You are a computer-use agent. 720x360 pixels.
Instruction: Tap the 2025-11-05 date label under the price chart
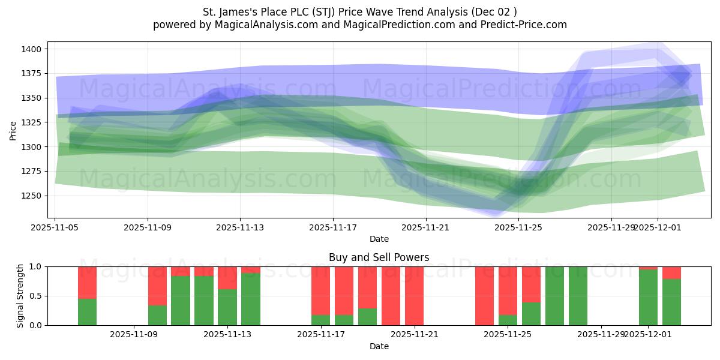(x=55, y=227)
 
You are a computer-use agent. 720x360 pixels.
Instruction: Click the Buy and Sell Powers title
(x=379, y=257)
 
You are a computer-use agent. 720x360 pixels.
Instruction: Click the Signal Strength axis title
(x=20, y=296)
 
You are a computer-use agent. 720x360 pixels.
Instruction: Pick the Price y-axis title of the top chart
(x=13, y=130)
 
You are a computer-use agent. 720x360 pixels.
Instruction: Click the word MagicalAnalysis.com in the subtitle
(x=253, y=25)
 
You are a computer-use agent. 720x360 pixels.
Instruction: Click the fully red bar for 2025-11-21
(x=415, y=296)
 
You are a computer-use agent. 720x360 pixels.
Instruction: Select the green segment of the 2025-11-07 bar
(x=88, y=312)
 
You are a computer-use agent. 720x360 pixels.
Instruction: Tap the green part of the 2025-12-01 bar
(x=648, y=298)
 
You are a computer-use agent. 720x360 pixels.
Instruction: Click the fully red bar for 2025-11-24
(x=485, y=296)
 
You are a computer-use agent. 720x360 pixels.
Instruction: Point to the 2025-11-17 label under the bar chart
(x=321, y=334)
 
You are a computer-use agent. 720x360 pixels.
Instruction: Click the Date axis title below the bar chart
(x=379, y=346)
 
